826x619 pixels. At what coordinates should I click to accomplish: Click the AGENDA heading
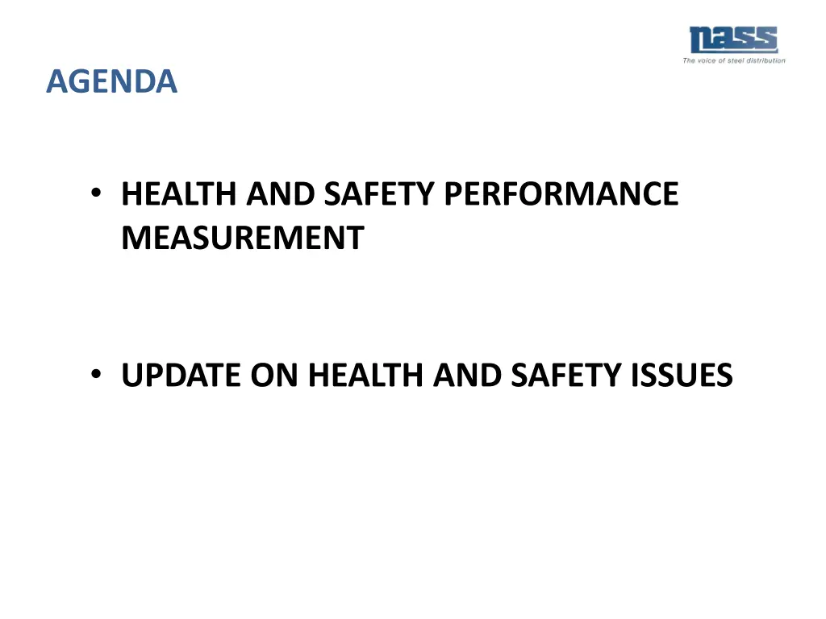[x=111, y=81]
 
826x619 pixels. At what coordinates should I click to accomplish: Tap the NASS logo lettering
[x=733, y=39]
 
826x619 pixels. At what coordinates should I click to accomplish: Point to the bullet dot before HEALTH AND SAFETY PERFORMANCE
[x=96, y=193]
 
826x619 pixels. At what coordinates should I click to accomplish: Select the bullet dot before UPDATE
[x=96, y=374]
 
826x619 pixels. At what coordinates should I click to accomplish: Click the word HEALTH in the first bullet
[x=179, y=194]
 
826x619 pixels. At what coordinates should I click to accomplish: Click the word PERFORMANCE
[x=561, y=194]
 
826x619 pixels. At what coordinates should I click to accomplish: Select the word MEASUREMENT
[x=243, y=238]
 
